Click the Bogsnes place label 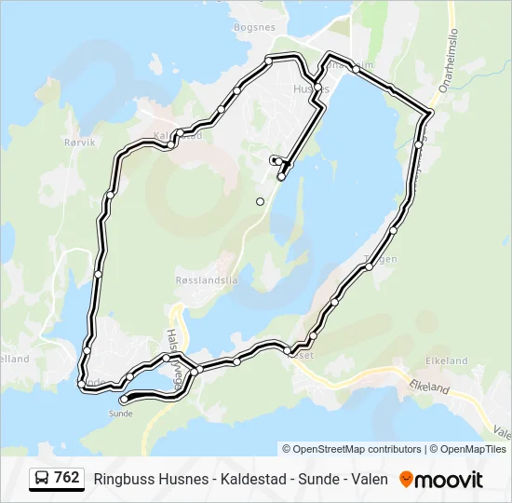[x=255, y=27]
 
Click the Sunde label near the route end [x=121, y=412]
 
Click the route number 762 [x=66, y=478]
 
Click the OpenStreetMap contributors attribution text [x=352, y=449]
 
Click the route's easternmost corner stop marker [x=428, y=113]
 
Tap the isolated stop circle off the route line [x=261, y=201]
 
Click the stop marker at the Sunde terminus [x=125, y=401]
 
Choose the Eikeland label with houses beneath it [x=446, y=360]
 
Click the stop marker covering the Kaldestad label [x=172, y=143]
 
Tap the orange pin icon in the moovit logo [x=406, y=480]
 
